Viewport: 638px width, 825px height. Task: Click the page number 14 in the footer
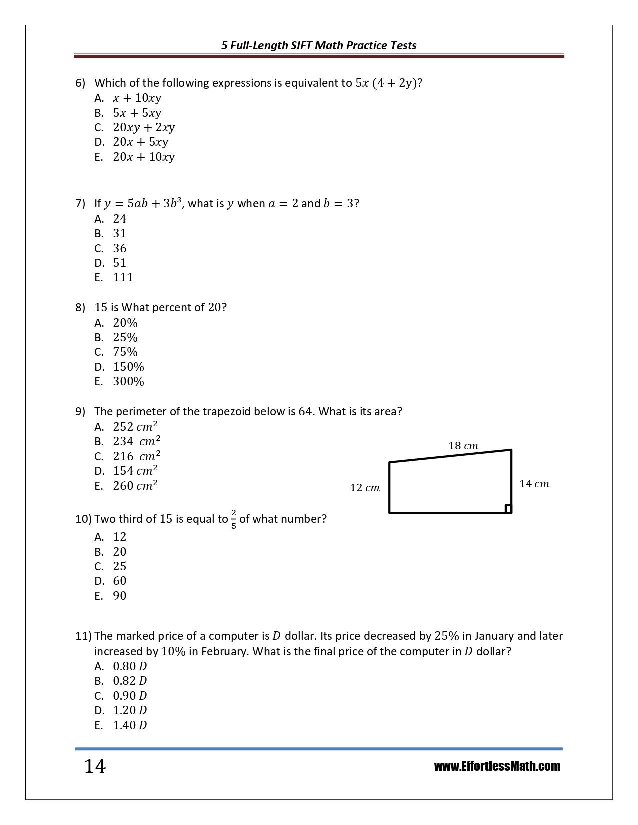click(95, 766)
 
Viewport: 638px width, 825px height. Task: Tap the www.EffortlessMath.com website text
click(497, 766)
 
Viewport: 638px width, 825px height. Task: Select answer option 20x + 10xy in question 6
click(144, 157)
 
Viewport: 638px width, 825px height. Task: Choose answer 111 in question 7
click(123, 277)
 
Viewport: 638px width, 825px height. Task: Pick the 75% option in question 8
click(125, 352)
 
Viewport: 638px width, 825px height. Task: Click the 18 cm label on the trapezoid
click(463, 445)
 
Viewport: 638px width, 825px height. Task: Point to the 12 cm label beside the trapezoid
click(365, 488)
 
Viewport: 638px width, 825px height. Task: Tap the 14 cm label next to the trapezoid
click(534, 483)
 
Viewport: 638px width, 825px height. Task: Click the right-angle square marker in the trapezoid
click(508, 509)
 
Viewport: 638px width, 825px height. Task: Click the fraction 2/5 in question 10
click(234, 519)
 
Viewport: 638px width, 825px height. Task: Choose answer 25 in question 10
click(120, 566)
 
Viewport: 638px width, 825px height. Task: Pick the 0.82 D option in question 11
click(130, 681)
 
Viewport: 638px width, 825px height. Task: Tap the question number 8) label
click(80, 307)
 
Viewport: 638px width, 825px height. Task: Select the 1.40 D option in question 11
click(130, 725)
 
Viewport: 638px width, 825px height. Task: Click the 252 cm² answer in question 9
click(135, 426)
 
